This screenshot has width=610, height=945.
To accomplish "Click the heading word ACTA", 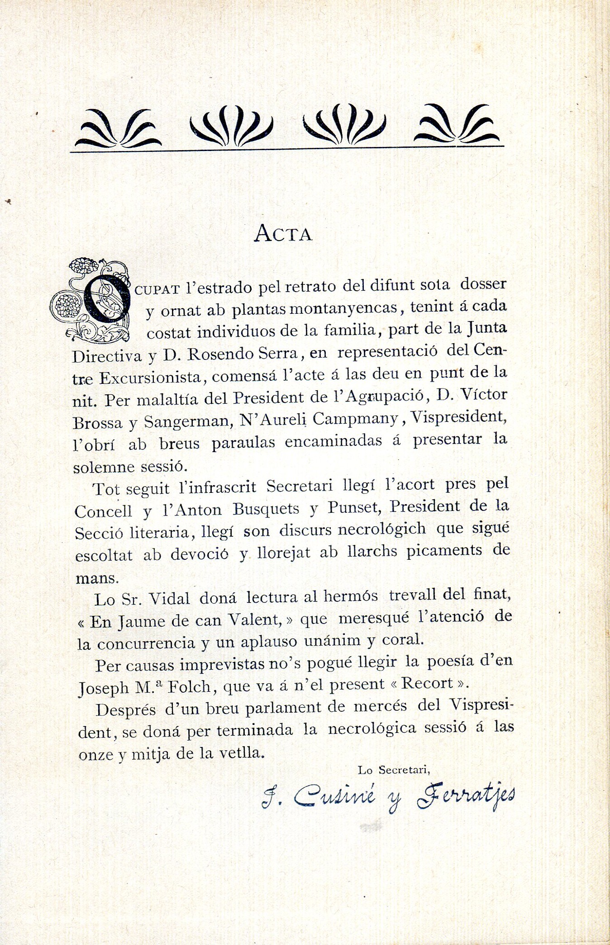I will [283, 234].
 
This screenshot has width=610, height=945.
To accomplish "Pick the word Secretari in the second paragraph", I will [299, 486].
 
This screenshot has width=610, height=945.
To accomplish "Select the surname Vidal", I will [169, 599].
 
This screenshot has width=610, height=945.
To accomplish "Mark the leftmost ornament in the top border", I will [118, 129].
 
